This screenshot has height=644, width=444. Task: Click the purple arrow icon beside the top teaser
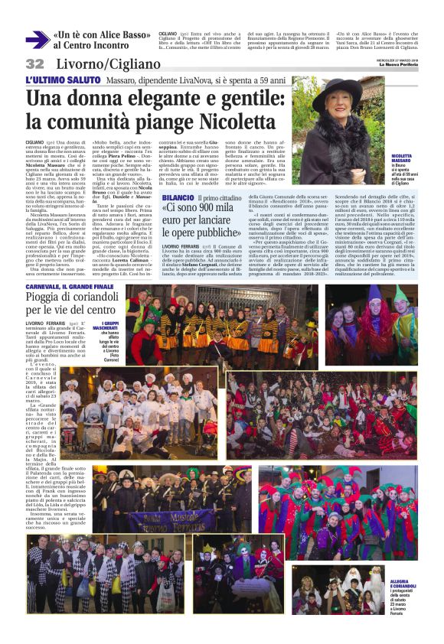point(36,41)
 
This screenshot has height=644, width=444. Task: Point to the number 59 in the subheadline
point(254,80)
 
